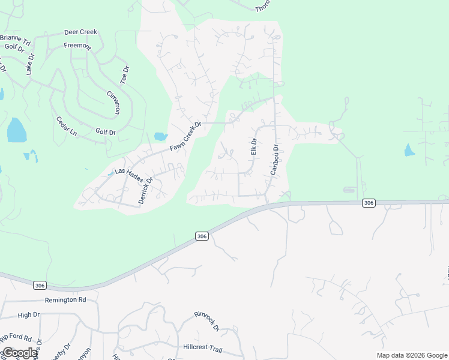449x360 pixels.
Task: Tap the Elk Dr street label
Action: (253, 147)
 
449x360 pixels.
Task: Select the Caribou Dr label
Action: (275, 160)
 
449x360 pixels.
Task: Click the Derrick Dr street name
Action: (146, 190)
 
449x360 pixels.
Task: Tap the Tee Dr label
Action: (124, 75)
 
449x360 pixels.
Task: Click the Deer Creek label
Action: (80, 34)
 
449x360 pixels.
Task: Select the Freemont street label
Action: (78, 46)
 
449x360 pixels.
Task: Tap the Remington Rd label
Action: (65, 299)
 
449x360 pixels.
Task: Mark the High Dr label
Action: (29, 314)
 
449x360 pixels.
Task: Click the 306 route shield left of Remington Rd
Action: (40, 286)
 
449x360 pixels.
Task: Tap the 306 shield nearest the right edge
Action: (369, 203)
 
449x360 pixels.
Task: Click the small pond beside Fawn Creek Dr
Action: (160, 136)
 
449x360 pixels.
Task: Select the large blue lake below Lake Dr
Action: (16, 130)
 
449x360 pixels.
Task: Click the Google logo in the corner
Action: (20, 353)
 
